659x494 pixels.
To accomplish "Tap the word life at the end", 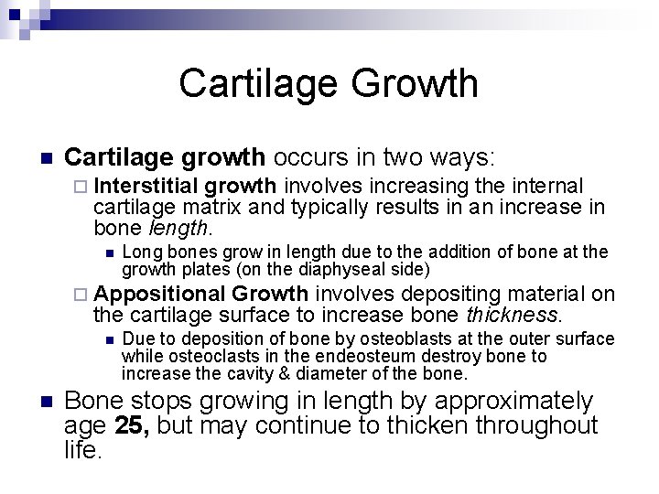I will (x=83, y=449).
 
